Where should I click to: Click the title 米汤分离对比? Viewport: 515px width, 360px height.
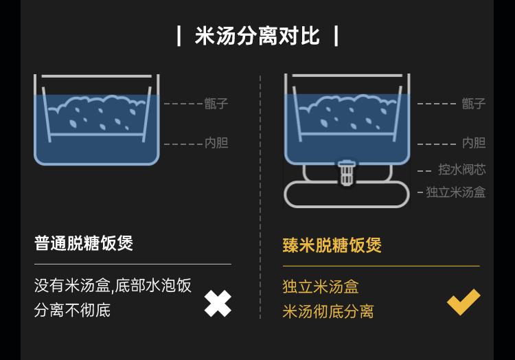click(x=257, y=35)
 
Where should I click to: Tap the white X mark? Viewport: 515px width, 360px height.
click(x=218, y=304)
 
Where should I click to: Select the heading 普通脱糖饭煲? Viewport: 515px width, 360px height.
click(x=84, y=243)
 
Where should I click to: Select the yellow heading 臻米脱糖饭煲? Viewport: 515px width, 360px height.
click(x=332, y=245)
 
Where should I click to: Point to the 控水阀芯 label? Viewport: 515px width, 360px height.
click(x=461, y=169)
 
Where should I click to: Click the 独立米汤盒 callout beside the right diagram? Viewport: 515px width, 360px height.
click(x=455, y=192)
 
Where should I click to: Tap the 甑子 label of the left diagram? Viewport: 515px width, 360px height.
click(x=216, y=104)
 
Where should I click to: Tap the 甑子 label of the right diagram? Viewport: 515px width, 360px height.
click(x=473, y=104)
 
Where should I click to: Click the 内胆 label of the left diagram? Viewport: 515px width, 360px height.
click(x=216, y=143)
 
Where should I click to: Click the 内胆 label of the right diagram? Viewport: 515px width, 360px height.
click(x=473, y=143)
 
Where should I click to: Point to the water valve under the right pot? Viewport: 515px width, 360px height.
click(x=347, y=171)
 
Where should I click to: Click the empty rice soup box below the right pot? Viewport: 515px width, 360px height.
click(x=346, y=195)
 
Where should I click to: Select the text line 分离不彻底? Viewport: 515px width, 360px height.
click(x=72, y=310)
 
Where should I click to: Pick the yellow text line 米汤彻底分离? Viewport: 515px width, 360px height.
click(x=328, y=311)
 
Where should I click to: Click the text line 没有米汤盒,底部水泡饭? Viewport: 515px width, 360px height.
click(x=113, y=285)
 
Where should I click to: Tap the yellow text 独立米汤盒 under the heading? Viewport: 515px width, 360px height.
click(x=321, y=286)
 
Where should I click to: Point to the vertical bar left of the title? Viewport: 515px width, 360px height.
click(x=179, y=35)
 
